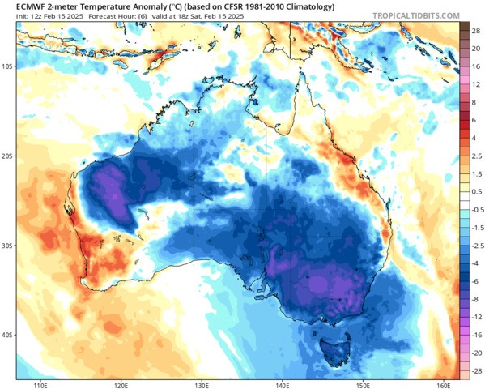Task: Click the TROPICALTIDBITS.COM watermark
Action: tap(416, 15)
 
